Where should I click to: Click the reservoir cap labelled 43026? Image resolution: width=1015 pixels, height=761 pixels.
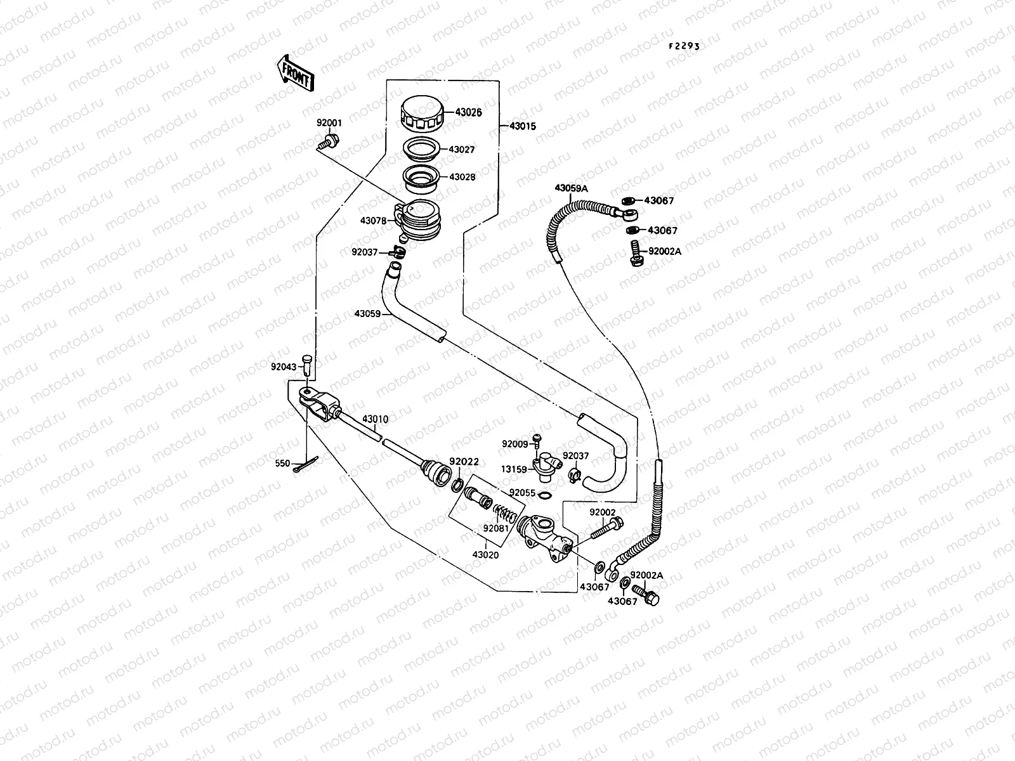[426, 113]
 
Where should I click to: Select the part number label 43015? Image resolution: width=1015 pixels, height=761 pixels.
[522, 126]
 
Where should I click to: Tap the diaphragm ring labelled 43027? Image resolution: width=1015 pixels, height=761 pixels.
[424, 150]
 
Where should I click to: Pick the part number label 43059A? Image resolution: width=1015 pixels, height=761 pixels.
[572, 188]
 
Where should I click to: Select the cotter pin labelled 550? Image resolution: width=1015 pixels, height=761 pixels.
[307, 465]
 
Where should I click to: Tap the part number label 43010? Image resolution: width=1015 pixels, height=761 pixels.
[376, 419]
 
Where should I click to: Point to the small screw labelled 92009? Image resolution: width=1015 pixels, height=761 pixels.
[537, 438]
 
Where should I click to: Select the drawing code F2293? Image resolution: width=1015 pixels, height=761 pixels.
[684, 46]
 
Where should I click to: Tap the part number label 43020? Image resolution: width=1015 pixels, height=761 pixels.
[485, 554]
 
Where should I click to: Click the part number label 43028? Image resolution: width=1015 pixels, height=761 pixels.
[462, 178]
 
